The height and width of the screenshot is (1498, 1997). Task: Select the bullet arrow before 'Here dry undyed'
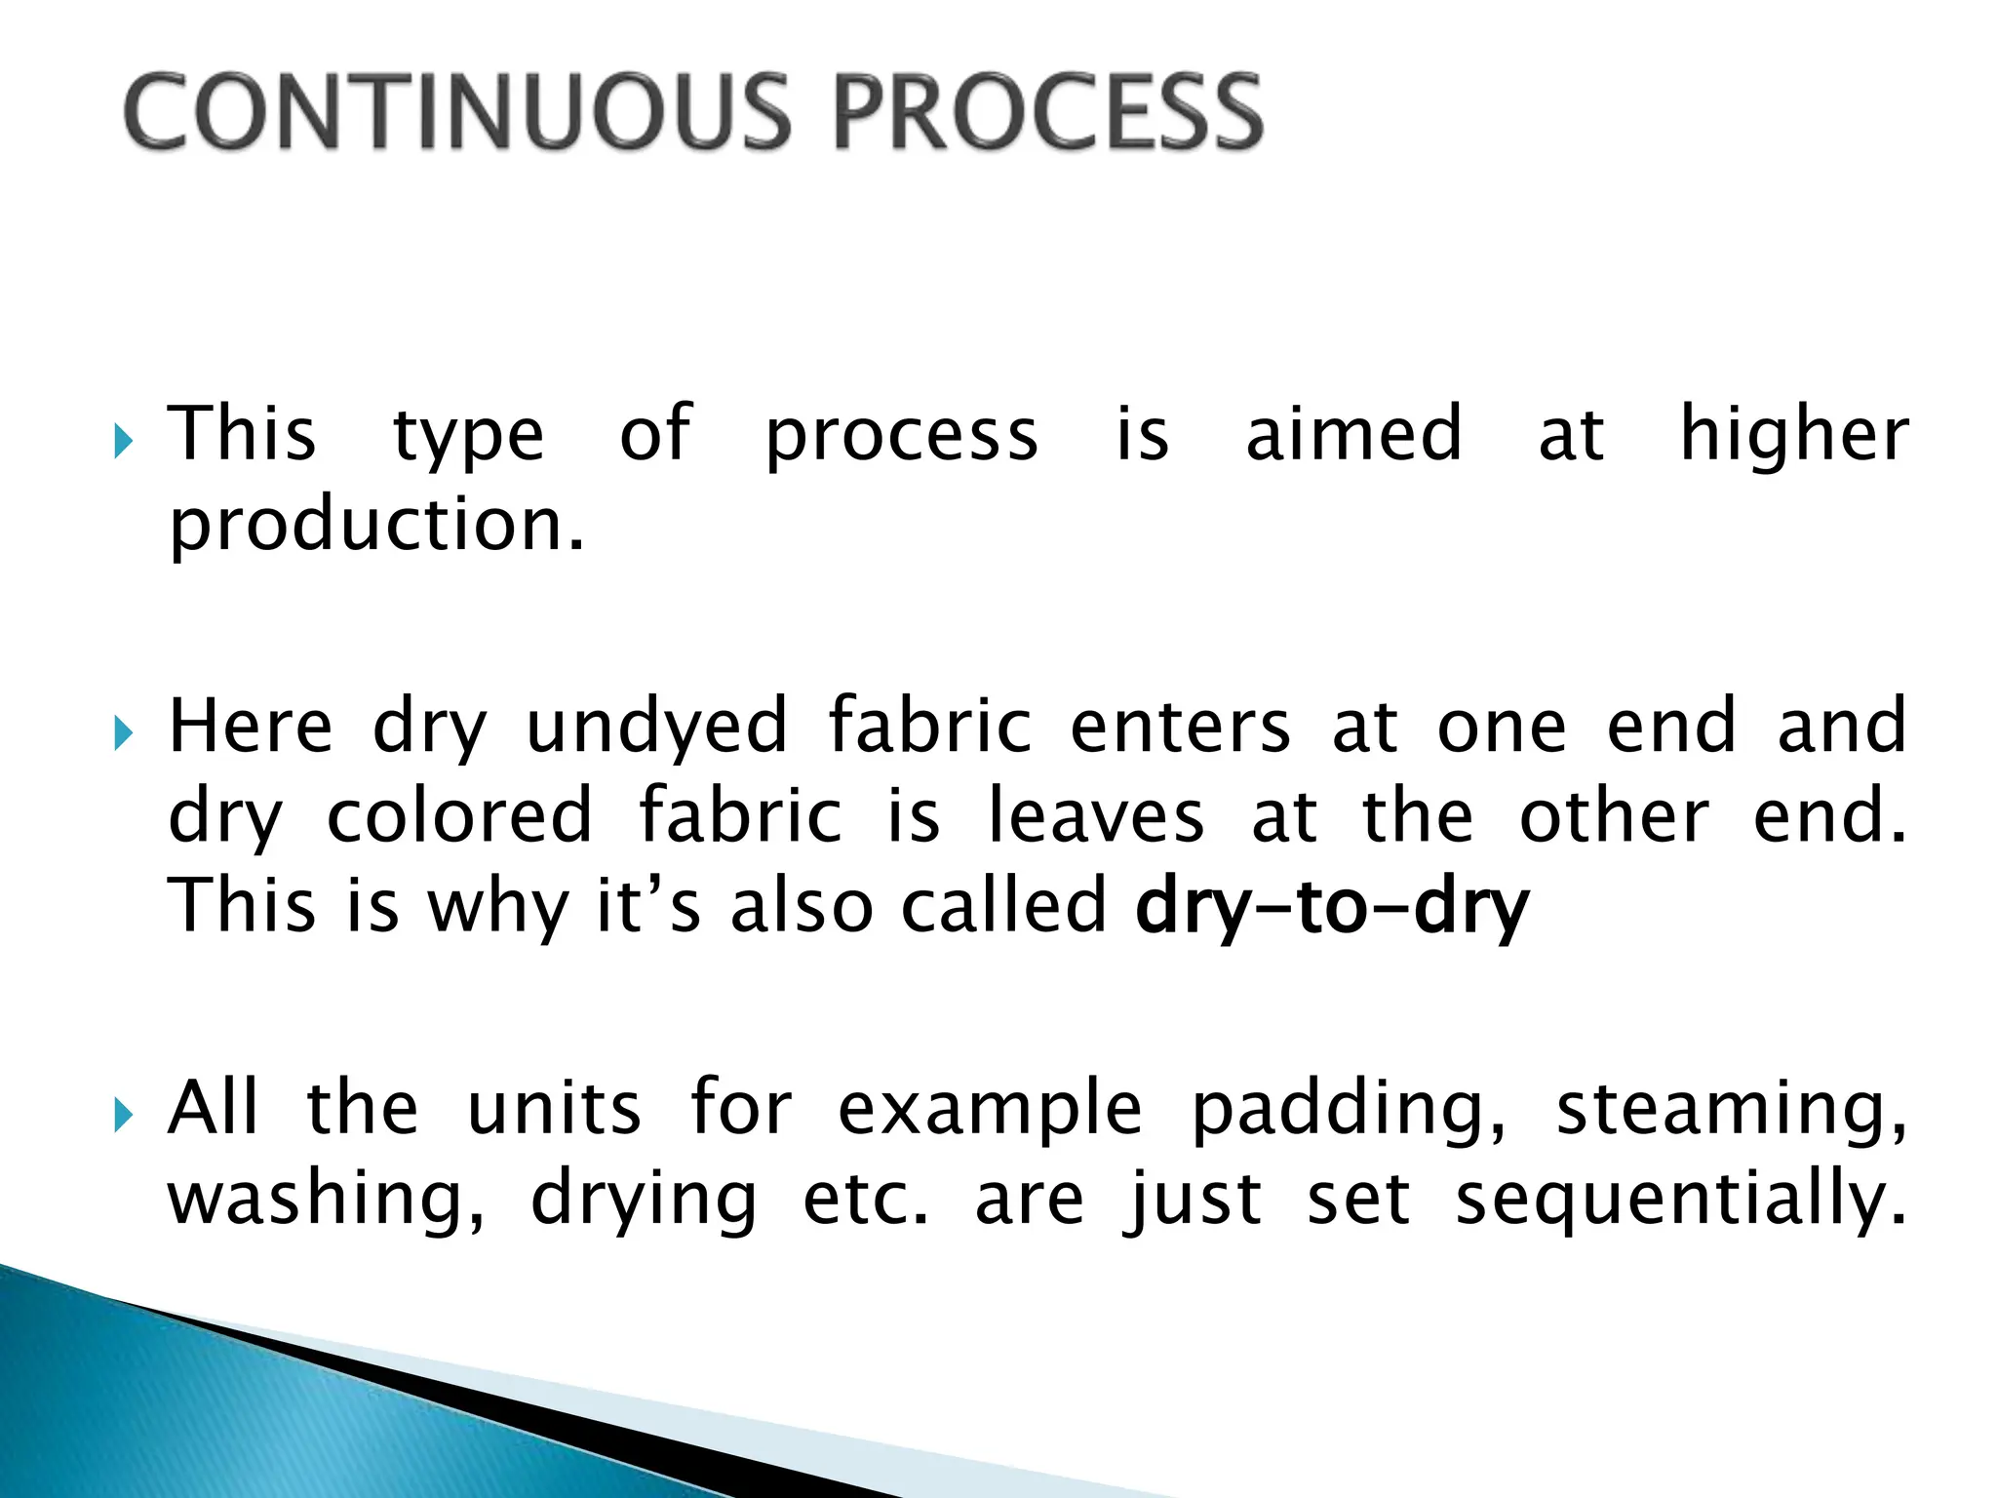[122, 733]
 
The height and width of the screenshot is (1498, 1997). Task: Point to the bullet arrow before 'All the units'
[122, 1114]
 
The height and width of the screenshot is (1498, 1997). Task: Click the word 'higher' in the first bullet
[1794, 435]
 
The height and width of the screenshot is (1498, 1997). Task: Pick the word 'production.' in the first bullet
[376, 527]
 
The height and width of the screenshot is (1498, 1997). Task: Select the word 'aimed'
[1354, 435]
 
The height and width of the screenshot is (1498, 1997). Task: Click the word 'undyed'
[656, 728]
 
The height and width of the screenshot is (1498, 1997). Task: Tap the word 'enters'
[1181, 728]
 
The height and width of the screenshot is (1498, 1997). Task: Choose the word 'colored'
[459, 817]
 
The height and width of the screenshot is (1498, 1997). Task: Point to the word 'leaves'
[1096, 817]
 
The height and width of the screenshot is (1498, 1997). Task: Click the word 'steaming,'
[1732, 1112]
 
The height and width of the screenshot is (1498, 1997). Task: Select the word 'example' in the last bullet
[990, 1112]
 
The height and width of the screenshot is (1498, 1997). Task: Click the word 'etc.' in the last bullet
[866, 1200]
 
